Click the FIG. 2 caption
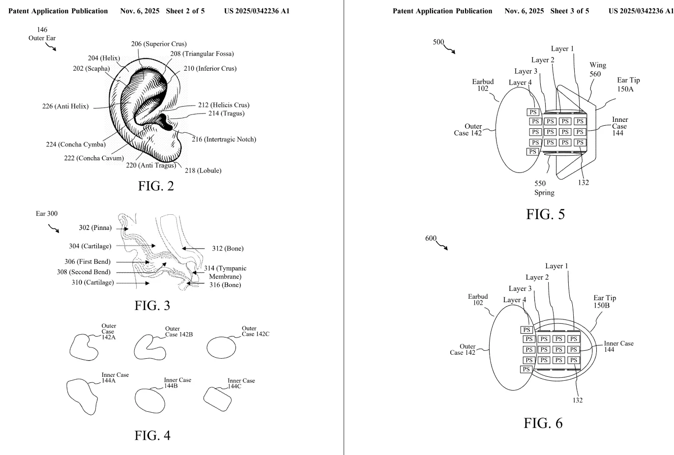pyautogui.click(x=156, y=187)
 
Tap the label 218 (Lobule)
pyautogui.click(x=203, y=171)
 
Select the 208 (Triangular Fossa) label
pyautogui.click(x=202, y=54)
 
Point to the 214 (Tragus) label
pyautogui.click(x=226, y=114)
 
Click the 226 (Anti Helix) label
pyautogui.click(x=65, y=106)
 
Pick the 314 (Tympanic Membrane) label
pyautogui.click(x=225, y=272)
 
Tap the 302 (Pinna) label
pyautogui.click(x=95, y=228)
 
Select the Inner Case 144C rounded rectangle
pyautogui.click(x=217, y=399)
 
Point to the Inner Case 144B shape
pyautogui.click(x=150, y=400)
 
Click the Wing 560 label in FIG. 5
pyautogui.click(x=597, y=69)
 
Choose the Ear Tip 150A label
pyautogui.click(x=628, y=84)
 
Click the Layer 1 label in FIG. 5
pyautogui.click(x=562, y=49)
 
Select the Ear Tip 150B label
pyautogui.click(x=604, y=301)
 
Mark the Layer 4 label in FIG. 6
pyautogui.click(x=514, y=300)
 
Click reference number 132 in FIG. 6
pyautogui.click(x=577, y=400)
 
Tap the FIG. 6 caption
pyautogui.click(x=543, y=423)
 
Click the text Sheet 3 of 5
pyautogui.click(x=569, y=11)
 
